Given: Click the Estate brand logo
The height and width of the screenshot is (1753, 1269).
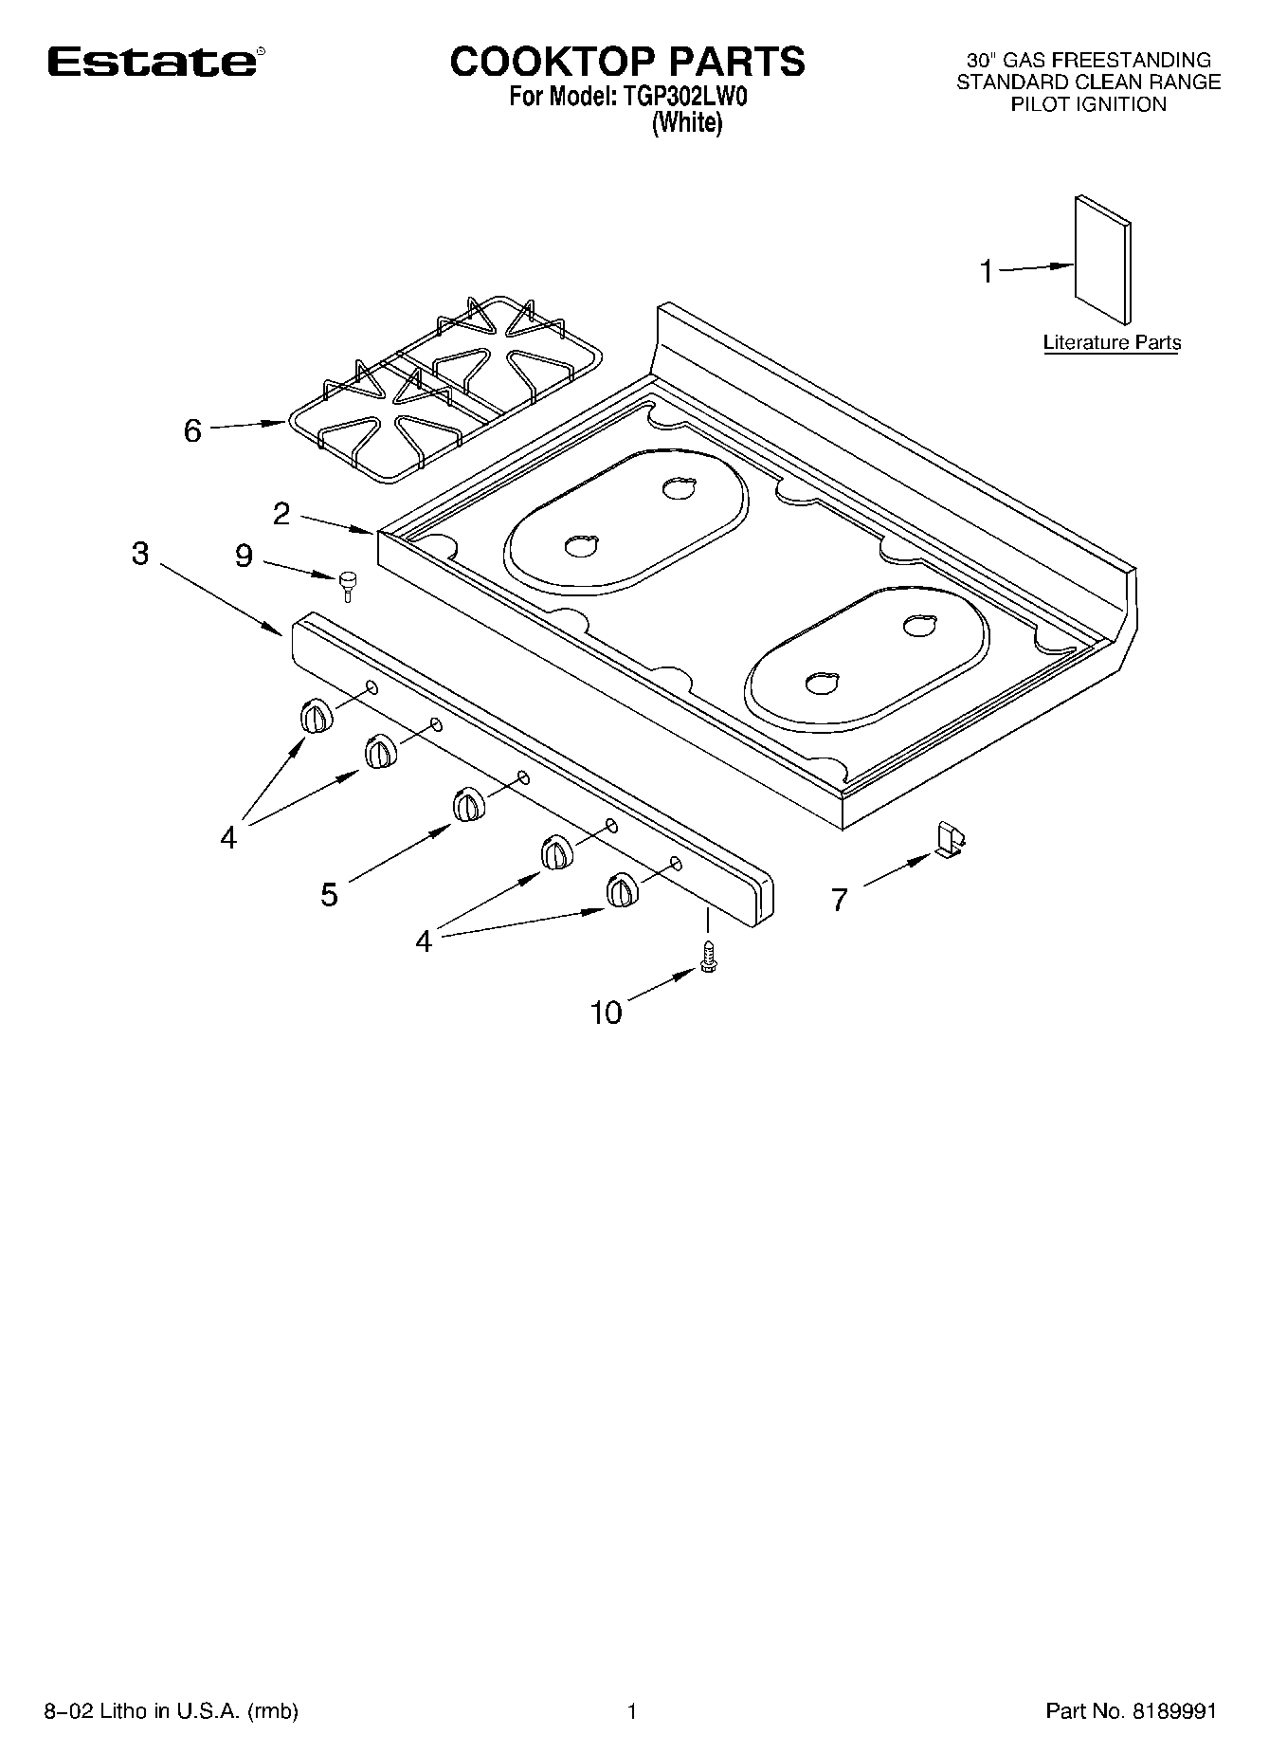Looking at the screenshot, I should point(152,62).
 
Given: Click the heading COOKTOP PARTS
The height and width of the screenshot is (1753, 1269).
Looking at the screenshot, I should point(626,62).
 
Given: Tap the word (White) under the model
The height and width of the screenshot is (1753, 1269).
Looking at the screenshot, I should point(687,123).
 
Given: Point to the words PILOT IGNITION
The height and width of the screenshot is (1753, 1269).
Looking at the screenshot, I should point(1088,105).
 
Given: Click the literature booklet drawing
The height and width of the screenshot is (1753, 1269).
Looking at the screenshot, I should point(1102,259).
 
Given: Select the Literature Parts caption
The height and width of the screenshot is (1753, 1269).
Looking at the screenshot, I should point(1112,342).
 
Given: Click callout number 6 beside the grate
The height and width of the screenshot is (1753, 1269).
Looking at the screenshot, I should point(192,431).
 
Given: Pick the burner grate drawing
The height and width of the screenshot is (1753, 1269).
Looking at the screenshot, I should point(440,389).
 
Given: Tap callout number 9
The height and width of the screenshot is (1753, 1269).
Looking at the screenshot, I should point(244,557).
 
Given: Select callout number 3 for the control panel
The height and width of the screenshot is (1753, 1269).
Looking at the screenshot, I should point(140,554).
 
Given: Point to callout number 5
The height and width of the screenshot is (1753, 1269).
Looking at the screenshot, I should point(329,894).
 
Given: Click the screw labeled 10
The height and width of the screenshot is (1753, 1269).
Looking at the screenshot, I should point(707,956).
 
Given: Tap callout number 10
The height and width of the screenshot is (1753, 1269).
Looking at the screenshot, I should point(606,1013).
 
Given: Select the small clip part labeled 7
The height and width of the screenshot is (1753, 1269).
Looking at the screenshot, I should point(949,839).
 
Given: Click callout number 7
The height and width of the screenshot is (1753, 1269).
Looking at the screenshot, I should point(839,900).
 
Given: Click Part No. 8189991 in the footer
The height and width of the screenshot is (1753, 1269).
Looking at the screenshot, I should point(1131,1711).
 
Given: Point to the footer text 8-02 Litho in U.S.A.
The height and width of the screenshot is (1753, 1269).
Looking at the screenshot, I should point(172,1711).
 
